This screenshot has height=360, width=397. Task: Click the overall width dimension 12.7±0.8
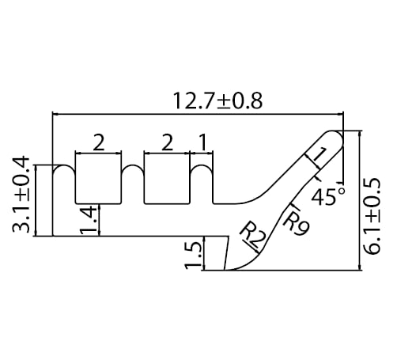coord(217,101)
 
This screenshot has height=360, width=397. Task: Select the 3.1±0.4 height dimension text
coord(21,195)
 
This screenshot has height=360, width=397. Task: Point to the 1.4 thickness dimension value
coord(89,221)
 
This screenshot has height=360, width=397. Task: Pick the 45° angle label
coord(327,196)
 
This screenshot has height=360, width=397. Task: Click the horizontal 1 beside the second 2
coord(202,143)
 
